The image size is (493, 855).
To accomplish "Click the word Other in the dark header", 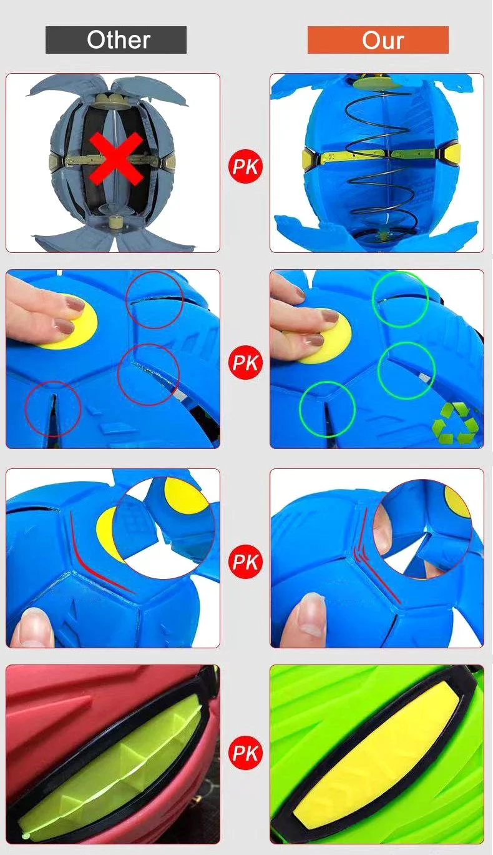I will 118,40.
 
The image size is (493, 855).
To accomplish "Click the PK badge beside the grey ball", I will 245,166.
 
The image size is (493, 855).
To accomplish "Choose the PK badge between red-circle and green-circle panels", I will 245,363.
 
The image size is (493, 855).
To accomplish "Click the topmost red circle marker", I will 155,300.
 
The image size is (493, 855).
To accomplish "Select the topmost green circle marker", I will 400,299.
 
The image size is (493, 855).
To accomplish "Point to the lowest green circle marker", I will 327,409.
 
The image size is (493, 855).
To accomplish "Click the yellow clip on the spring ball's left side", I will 310,157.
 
